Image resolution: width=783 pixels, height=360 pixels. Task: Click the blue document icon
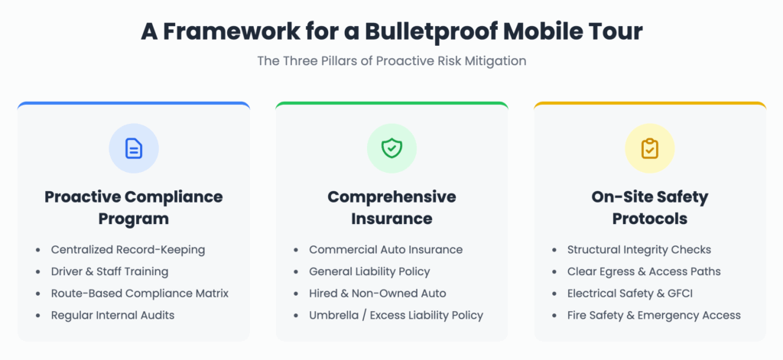pos(134,148)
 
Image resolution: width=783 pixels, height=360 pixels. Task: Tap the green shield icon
pos(391,148)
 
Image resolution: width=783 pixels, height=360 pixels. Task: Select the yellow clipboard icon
pos(650,148)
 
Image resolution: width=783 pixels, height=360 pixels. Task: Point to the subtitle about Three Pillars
pos(391,61)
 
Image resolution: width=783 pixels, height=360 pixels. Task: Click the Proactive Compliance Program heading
pos(133,208)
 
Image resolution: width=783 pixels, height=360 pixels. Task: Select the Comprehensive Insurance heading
pos(391,208)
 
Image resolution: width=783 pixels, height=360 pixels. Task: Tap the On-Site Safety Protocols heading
pos(650,208)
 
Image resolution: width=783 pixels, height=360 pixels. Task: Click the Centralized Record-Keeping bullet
pos(128,250)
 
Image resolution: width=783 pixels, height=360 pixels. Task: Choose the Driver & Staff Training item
pos(109,271)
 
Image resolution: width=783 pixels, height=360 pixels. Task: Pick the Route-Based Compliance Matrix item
pos(140,294)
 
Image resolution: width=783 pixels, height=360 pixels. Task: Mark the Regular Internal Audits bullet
pos(112,316)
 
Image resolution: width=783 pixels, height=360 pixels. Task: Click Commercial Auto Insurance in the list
pos(385,250)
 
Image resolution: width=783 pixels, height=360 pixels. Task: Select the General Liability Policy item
pos(369,271)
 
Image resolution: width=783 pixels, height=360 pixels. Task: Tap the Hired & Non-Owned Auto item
pos(378,294)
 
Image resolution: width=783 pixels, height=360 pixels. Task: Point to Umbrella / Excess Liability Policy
pos(396,316)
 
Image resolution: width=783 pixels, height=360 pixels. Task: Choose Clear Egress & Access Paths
pos(644,271)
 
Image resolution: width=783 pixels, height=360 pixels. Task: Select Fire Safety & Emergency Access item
pos(654,316)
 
